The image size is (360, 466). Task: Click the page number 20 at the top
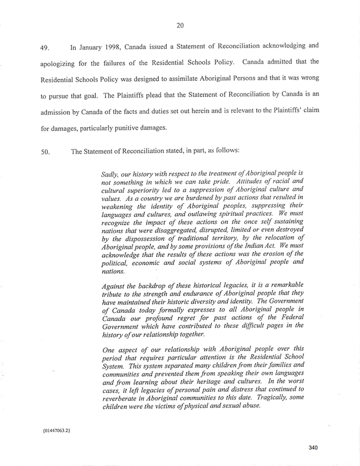point(180,24)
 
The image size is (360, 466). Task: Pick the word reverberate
point(123,398)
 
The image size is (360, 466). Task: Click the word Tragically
point(257,398)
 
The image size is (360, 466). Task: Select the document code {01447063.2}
point(55,431)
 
